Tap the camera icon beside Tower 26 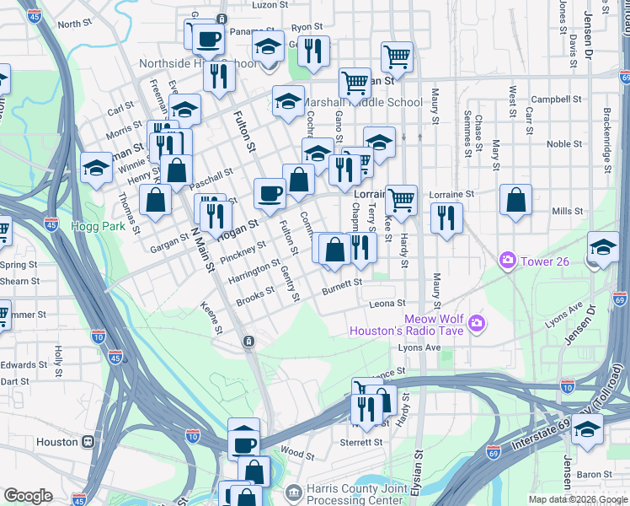507,261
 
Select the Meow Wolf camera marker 478,323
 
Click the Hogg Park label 104,227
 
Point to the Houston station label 56,442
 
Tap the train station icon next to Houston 87,442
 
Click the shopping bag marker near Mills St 515,201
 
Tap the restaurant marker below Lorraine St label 446,218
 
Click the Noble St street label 559,144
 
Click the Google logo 28,495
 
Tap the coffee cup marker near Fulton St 270,193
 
